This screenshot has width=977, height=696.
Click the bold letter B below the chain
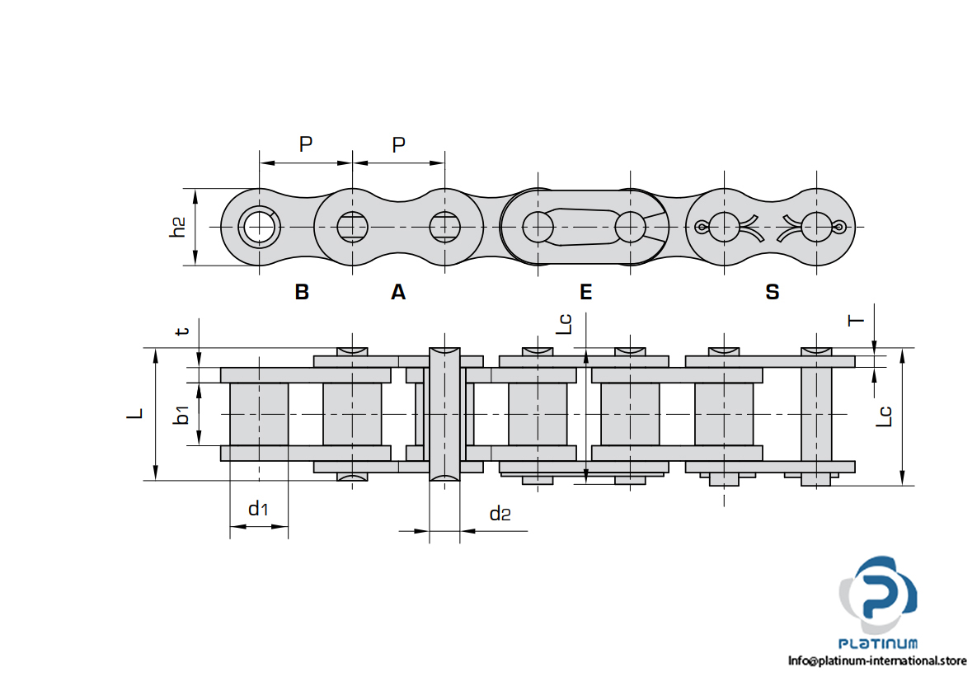pyautogui.click(x=302, y=292)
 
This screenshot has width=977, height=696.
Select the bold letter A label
pyautogui.click(x=398, y=292)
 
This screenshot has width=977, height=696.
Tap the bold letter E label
pyautogui.click(x=585, y=292)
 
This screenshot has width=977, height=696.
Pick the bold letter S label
pyautogui.click(x=772, y=292)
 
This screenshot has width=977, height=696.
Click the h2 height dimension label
pyautogui.click(x=177, y=227)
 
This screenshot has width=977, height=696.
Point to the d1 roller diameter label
pyautogui.click(x=258, y=509)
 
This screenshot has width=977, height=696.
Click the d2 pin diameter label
pyautogui.click(x=500, y=515)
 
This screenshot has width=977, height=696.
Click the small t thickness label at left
pyautogui.click(x=183, y=331)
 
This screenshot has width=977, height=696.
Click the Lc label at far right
pyautogui.click(x=883, y=415)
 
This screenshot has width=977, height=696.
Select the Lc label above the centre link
pyautogui.click(x=565, y=322)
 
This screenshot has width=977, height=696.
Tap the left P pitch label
pyautogui.click(x=306, y=145)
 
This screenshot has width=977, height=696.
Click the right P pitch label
pyautogui.click(x=399, y=145)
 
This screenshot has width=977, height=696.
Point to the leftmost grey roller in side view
pyautogui.click(x=259, y=414)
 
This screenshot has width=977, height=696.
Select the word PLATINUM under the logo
pyautogui.click(x=878, y=644)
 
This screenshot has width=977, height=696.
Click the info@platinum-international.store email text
pyautogui.click(x=876, y=661)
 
